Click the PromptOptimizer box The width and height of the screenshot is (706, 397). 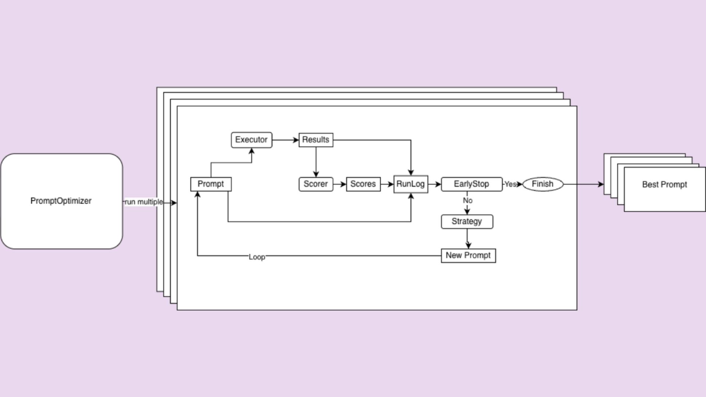(x=61, y=201)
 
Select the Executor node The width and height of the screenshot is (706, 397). (x=252, y=140)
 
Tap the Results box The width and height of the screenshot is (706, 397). (x=316, y=140)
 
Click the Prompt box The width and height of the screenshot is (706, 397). (x=211, y=184)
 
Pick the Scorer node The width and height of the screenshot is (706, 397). (x=316, y=184)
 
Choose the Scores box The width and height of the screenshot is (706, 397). (x=363, y=184)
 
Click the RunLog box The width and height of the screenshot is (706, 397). (x=410, y=184)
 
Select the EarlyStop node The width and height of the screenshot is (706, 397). (x=471, y=184)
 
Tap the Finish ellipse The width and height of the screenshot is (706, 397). (x=543, y=184)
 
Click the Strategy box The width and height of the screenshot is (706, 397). (x=467, y=222)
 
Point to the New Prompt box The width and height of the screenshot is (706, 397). (x=468, y=255)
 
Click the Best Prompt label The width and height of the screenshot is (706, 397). (x=664, y=185)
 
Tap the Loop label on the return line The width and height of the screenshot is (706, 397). (x=257, y=257)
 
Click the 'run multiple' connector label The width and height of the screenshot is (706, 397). (x=144, y=202)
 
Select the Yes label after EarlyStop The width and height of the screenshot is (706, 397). (x=510, y=184)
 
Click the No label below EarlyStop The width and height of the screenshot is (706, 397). (x=467, y=201)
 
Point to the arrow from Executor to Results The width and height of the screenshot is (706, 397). (x=285, y=140)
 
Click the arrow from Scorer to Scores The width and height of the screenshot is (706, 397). (x=339, y=184)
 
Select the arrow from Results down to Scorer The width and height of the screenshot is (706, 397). (x=316, y=162)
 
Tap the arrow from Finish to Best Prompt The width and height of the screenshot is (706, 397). (x=583, y=184)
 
